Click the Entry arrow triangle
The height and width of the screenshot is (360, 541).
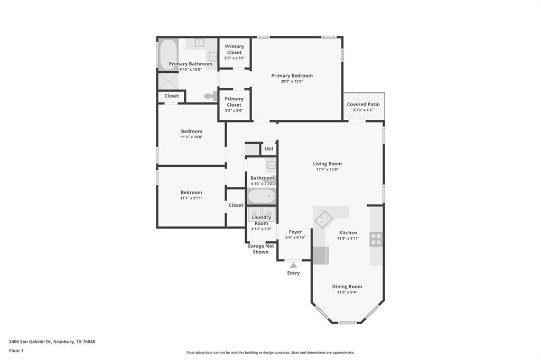tap(293, 265)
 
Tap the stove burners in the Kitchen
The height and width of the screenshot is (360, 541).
tap(376, 239)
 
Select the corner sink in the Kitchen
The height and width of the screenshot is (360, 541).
tap(323, 219)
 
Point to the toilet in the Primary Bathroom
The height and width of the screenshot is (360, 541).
tap(211, 96)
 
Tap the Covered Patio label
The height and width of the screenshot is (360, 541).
tap(363, 105)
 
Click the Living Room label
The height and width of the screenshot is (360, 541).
tap(327, 164)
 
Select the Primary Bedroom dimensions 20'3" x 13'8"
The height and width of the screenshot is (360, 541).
tap(292, 81)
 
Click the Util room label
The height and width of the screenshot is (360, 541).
tap(269, 149)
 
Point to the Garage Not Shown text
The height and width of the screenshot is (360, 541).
tap(260, 249)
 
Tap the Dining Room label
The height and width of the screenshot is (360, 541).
tap(347, 287)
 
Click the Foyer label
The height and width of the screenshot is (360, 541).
tap(295, 232)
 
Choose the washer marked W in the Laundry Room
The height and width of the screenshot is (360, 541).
tap(269, 213)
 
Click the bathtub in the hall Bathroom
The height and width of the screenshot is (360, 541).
tap(262, 197)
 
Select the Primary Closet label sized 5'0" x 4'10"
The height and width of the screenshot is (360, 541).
tap(234, 50)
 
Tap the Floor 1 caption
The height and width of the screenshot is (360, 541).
tap(16, 350)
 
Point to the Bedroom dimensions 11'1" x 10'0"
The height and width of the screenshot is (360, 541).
tap(191, 137)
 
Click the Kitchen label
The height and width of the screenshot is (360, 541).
tap(348, 232)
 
